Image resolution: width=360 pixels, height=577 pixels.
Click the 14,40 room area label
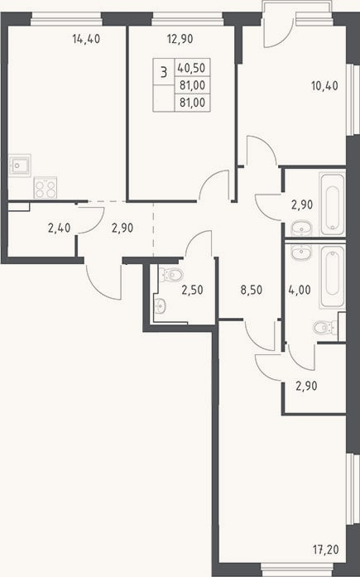tap(86, 39)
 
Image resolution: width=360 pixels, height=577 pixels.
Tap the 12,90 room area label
tap(180, 39)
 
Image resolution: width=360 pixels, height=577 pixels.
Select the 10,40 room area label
tap(324, 86)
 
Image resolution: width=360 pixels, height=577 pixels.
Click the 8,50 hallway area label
tap(251, 290)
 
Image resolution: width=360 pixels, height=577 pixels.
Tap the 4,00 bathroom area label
tap(300, 290)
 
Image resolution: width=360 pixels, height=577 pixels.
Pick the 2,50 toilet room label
tap(192, 290)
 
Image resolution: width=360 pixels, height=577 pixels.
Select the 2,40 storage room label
tap(59, 228)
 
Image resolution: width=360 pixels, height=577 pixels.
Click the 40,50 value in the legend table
tap(191, 68)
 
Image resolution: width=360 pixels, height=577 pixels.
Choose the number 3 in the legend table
tap(164, 72)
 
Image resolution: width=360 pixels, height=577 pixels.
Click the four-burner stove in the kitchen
tap(46, 188)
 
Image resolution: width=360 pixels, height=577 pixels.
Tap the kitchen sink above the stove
tap(20, 166)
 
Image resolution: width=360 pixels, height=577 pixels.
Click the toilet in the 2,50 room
tap(171, 274)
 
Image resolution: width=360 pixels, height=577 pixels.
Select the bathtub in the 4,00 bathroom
tap(333, 276)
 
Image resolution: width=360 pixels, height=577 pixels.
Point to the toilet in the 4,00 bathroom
tap(325, 328)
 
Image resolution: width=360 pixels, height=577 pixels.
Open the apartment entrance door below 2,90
tap(103, 281)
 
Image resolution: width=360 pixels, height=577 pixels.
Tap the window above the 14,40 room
tap(66, 19)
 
